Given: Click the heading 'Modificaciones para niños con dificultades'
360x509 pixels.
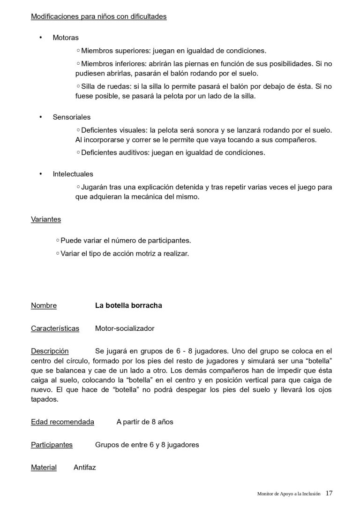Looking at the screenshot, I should pyautogui.click(x=98, y=17).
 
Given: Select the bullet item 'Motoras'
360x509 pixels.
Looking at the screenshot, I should pyautogui.click(x=66, y=38).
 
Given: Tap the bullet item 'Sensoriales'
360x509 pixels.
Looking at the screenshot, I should pyautogui.click(x=71, y=117).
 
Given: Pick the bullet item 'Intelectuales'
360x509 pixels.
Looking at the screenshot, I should pyautogui.click(x=73, y=174).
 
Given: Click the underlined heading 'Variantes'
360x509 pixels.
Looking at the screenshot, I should pyautogui.click(x=45, y=219).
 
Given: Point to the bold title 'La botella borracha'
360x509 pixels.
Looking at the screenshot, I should pyautogui.click(x=128, y=306).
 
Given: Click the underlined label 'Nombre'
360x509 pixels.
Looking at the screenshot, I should pyautogui.click(x=44, y=306).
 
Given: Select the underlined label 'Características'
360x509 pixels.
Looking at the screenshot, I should pyautogui.click(x=55, y=328).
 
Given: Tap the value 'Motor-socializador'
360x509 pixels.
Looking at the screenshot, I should pyautogui.click(x=124, y=328).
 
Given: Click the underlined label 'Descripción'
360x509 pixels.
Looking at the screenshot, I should pyautogui.click(x=50, y=351).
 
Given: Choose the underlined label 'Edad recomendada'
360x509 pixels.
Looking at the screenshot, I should pyautogui.click(x=62, y=422).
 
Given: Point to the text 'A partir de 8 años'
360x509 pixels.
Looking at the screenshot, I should pyautogui.click(x=145, y=422).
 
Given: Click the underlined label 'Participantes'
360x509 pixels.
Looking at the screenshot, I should pyautogui.click(x=52, y=445).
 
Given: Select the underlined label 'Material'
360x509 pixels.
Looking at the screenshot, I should pyautogui.click(x=44, y=467).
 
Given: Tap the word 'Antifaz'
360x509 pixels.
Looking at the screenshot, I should pyautogui.click(x=85, y=467).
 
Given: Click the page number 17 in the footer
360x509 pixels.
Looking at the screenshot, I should pyautogui.click(x=329, y=493).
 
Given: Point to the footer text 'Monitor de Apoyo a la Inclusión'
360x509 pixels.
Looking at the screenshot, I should pyautogui.click(x=289, y=494).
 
